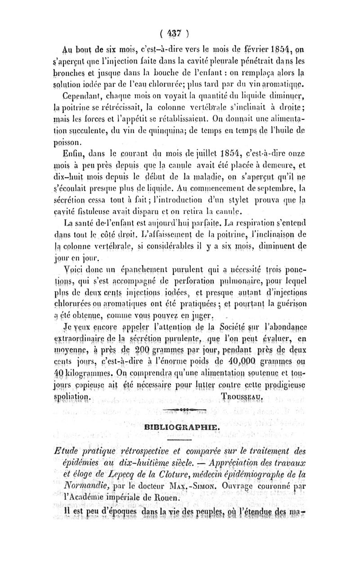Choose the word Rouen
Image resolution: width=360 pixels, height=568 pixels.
(x=169, y=497)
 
